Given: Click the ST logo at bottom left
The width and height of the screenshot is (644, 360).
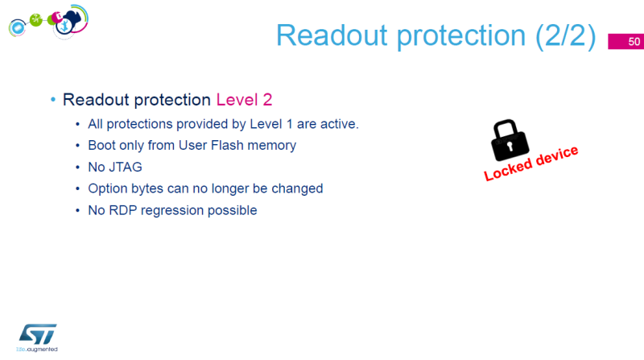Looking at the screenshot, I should point(37,335).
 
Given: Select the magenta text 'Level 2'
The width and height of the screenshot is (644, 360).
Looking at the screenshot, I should point(245,100).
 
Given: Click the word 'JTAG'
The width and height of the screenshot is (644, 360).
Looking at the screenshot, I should point(125,168).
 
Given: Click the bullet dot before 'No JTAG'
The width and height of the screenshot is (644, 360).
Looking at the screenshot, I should point(77,168).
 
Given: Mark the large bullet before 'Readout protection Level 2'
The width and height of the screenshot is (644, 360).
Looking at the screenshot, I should point(52,100).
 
